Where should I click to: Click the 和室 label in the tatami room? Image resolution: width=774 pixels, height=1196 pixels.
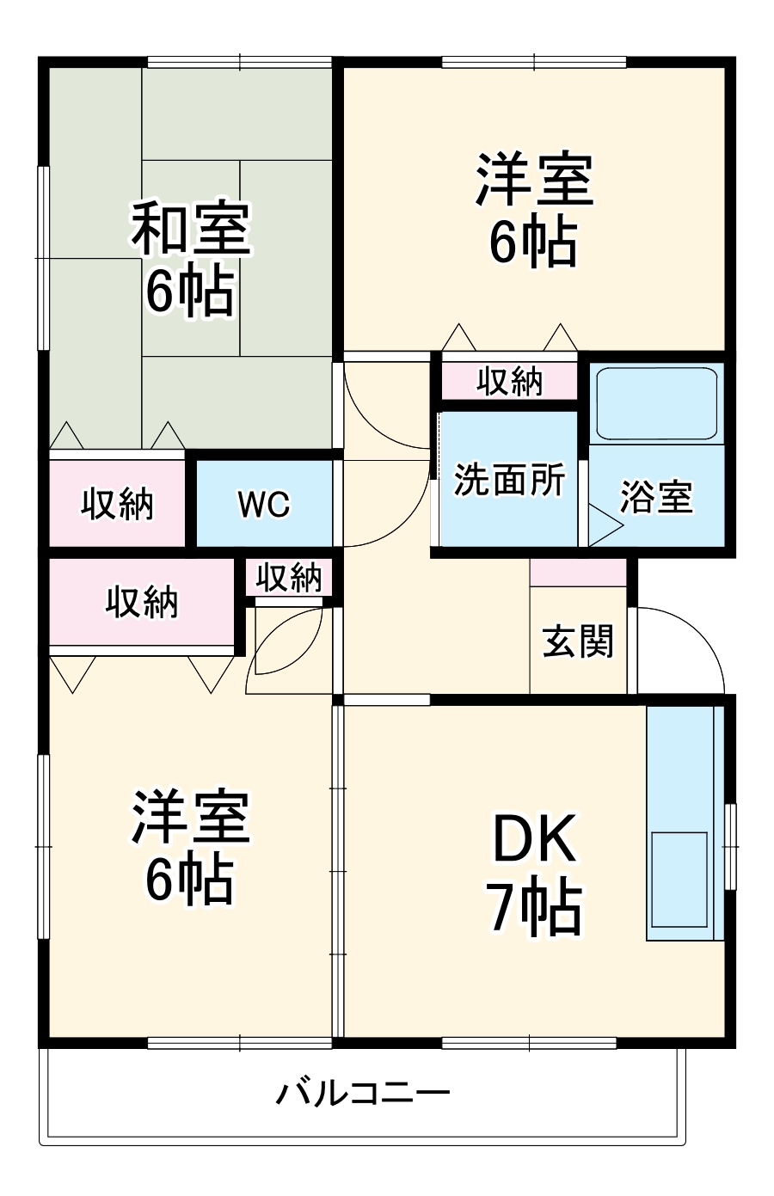[x=191, y=229]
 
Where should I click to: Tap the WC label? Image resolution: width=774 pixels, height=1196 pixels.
[x=264, y=504]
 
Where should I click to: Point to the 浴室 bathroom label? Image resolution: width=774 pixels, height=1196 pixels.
[x=656, y=497]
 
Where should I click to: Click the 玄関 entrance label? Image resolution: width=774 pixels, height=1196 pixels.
[x=578, y=641]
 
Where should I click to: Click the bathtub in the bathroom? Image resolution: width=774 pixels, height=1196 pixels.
[x=656, y=403]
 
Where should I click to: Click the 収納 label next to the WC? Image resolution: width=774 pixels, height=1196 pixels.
[x=118, y=504]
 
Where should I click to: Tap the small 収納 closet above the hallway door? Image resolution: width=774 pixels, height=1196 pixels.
[x=289, y=577]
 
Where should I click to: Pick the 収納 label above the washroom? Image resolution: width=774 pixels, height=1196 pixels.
[x=510, y=381]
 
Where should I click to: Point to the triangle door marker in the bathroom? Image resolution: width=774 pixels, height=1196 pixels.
[x=605, y=526]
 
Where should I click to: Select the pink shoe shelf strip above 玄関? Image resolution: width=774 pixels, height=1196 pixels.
[x=578, y=573]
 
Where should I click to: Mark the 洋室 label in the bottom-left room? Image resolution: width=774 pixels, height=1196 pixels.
[x=191, y=816]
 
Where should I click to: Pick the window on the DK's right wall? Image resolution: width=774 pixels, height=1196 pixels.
[x=730, y=847]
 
